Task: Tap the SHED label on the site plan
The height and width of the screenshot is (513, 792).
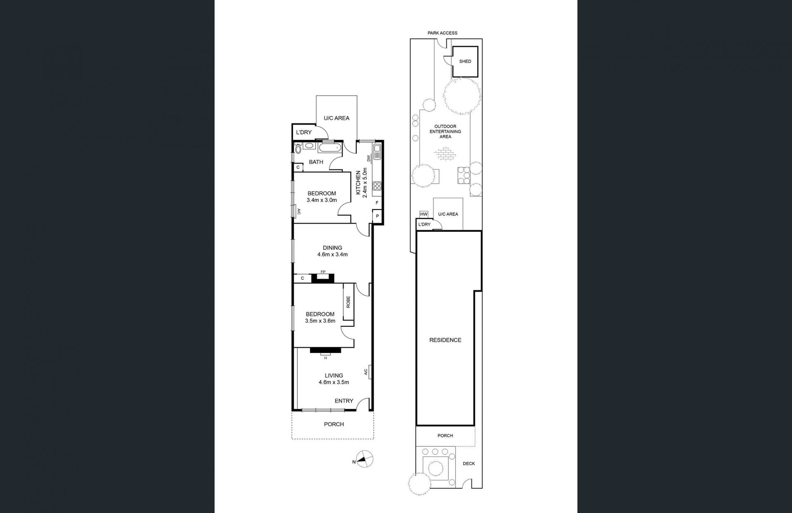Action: click(x=465, y=61)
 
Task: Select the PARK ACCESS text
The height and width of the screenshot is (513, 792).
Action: click(x=442, y=33)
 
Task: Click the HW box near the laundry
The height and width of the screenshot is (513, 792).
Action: click(x=424, y=214)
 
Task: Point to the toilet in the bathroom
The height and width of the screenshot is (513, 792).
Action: click(x=299, y=148)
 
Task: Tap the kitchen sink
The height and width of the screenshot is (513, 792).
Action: click(x=377, y=152)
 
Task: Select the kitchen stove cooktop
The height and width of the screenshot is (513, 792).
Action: click(x=377, y=186)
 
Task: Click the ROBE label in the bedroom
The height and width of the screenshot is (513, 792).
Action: click(x=349, y=302)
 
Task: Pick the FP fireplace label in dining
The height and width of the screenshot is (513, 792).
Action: click(x=323, y=272)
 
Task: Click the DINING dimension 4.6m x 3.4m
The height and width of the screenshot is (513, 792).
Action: click(x=332, y=254)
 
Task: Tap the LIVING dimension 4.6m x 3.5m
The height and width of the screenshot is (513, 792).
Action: click(x=334, y=382)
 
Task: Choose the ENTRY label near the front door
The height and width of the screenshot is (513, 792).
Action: click(x=344, y=401)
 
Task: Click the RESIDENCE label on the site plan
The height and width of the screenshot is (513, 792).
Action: click(x=445, y=340)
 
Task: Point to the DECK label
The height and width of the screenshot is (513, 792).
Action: click(x=469, y=464)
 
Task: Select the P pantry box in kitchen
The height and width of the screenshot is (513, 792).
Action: click(x=377, y=216)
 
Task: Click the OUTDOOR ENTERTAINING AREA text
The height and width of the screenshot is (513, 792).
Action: click(x=445, y=132)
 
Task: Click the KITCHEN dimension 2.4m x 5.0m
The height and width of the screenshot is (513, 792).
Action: click(x=365, y=184)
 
